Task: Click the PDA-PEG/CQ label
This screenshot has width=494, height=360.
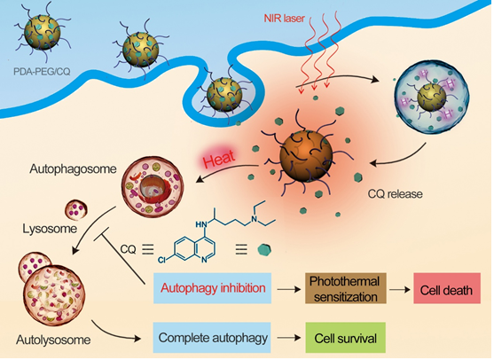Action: [42, 72]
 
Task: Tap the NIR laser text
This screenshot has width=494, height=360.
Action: [284, 19]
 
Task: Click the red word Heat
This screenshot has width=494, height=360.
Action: [219, 159]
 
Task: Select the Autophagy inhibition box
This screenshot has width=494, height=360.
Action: [212, 288]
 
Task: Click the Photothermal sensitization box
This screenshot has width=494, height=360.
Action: [346, 288]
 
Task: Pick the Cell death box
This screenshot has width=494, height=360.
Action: [447, 288]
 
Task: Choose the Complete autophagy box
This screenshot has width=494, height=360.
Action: [212, 338]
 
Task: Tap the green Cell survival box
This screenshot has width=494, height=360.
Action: [346, 338]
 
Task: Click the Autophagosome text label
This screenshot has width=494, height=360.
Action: [73, 169]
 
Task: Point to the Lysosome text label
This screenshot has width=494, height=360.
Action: [50, 229]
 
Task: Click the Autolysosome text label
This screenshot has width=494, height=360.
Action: [53, 340]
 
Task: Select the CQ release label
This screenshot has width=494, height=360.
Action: [395, 194]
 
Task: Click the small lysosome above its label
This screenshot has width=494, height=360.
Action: [76, 210]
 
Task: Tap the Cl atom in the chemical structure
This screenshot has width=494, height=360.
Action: [162, 260]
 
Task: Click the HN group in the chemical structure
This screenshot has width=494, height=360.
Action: [201, 224]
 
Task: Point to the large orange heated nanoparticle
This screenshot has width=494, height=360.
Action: [306, 156]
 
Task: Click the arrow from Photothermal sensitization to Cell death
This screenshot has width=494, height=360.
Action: [400, 289]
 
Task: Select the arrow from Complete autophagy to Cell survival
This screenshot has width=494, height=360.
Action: [289, 338]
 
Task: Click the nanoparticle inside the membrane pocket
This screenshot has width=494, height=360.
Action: [224, 95]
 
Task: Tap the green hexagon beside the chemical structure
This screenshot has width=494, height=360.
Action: [264, 250]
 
